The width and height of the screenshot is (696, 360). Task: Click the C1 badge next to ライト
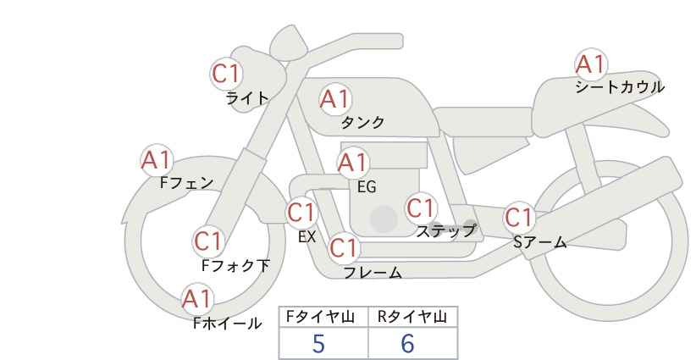point(226,74)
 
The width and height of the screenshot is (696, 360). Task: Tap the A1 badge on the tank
point(335,99)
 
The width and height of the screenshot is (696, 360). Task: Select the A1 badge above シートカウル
point(591,64)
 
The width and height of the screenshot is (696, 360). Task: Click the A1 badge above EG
point(353,163)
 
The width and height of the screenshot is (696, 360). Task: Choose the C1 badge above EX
point(301,213)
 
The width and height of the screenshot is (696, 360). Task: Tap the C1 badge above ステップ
point(421,208)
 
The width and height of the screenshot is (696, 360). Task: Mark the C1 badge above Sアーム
point(519,218)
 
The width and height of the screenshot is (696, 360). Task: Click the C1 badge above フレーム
point(344,247)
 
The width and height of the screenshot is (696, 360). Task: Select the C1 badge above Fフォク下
point(208,241)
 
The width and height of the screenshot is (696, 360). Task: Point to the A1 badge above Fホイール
point(197,299)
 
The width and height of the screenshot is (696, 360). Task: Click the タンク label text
point(362,122)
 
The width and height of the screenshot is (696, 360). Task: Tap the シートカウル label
point(620,86)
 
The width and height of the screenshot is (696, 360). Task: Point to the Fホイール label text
point(228,324)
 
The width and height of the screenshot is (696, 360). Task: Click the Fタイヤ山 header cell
point(323,317)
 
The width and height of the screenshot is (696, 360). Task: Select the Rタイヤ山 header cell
point(413,317)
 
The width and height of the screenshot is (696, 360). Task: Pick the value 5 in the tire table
point(318,344)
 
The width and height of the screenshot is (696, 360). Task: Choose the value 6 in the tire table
point(407,344)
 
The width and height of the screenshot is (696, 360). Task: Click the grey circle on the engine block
point(384,219)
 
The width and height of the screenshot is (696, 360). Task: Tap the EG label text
point(367,187)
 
